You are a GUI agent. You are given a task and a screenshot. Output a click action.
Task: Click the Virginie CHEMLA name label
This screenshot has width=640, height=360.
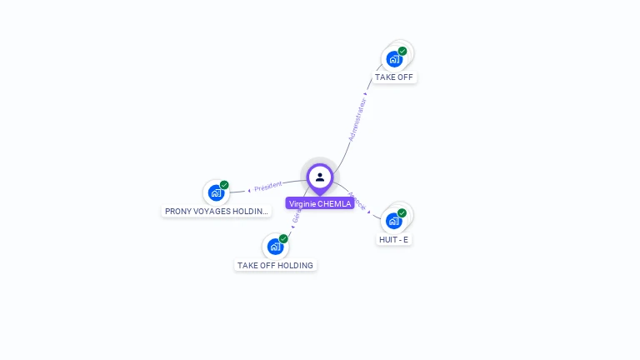coord(319,203)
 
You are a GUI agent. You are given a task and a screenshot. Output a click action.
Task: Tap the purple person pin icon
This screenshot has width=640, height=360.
coord(320,177)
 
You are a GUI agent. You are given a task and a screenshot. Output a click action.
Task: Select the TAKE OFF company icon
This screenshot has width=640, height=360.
coord(394,60)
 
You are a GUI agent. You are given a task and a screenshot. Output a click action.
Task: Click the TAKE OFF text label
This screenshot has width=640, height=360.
coord(394,77)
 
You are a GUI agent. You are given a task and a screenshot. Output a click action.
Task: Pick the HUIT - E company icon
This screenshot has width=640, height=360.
coord(394,222)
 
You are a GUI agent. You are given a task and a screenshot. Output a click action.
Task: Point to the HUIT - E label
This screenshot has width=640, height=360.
coord(394,239)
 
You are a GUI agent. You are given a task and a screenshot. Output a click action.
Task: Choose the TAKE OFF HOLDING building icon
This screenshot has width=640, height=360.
coord(275,247)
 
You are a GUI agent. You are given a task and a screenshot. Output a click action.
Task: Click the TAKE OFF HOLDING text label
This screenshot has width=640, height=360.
coord(275,266)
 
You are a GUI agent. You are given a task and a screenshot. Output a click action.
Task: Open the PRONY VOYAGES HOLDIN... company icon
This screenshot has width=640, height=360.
coord(217,193)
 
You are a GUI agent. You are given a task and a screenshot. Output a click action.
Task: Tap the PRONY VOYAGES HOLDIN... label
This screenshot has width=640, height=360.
coord(217,212)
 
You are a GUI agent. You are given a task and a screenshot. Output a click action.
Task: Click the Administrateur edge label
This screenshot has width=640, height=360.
coord(357,121)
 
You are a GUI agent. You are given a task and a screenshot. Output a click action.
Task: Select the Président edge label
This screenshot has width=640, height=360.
coord(268,186)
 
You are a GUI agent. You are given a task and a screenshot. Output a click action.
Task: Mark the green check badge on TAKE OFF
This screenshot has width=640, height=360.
coord(402,52)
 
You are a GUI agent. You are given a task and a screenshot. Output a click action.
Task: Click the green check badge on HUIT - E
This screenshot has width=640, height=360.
coord(402,213)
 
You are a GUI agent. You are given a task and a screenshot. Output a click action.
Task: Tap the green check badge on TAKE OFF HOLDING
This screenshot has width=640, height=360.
coord(283,238)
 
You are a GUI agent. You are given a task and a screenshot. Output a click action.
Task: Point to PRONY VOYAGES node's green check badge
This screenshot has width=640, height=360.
coord(224,185)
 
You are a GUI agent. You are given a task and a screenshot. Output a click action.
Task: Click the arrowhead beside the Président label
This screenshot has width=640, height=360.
coord(249,190)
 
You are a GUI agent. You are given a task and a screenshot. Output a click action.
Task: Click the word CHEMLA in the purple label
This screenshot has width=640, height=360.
coord(334,203)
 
